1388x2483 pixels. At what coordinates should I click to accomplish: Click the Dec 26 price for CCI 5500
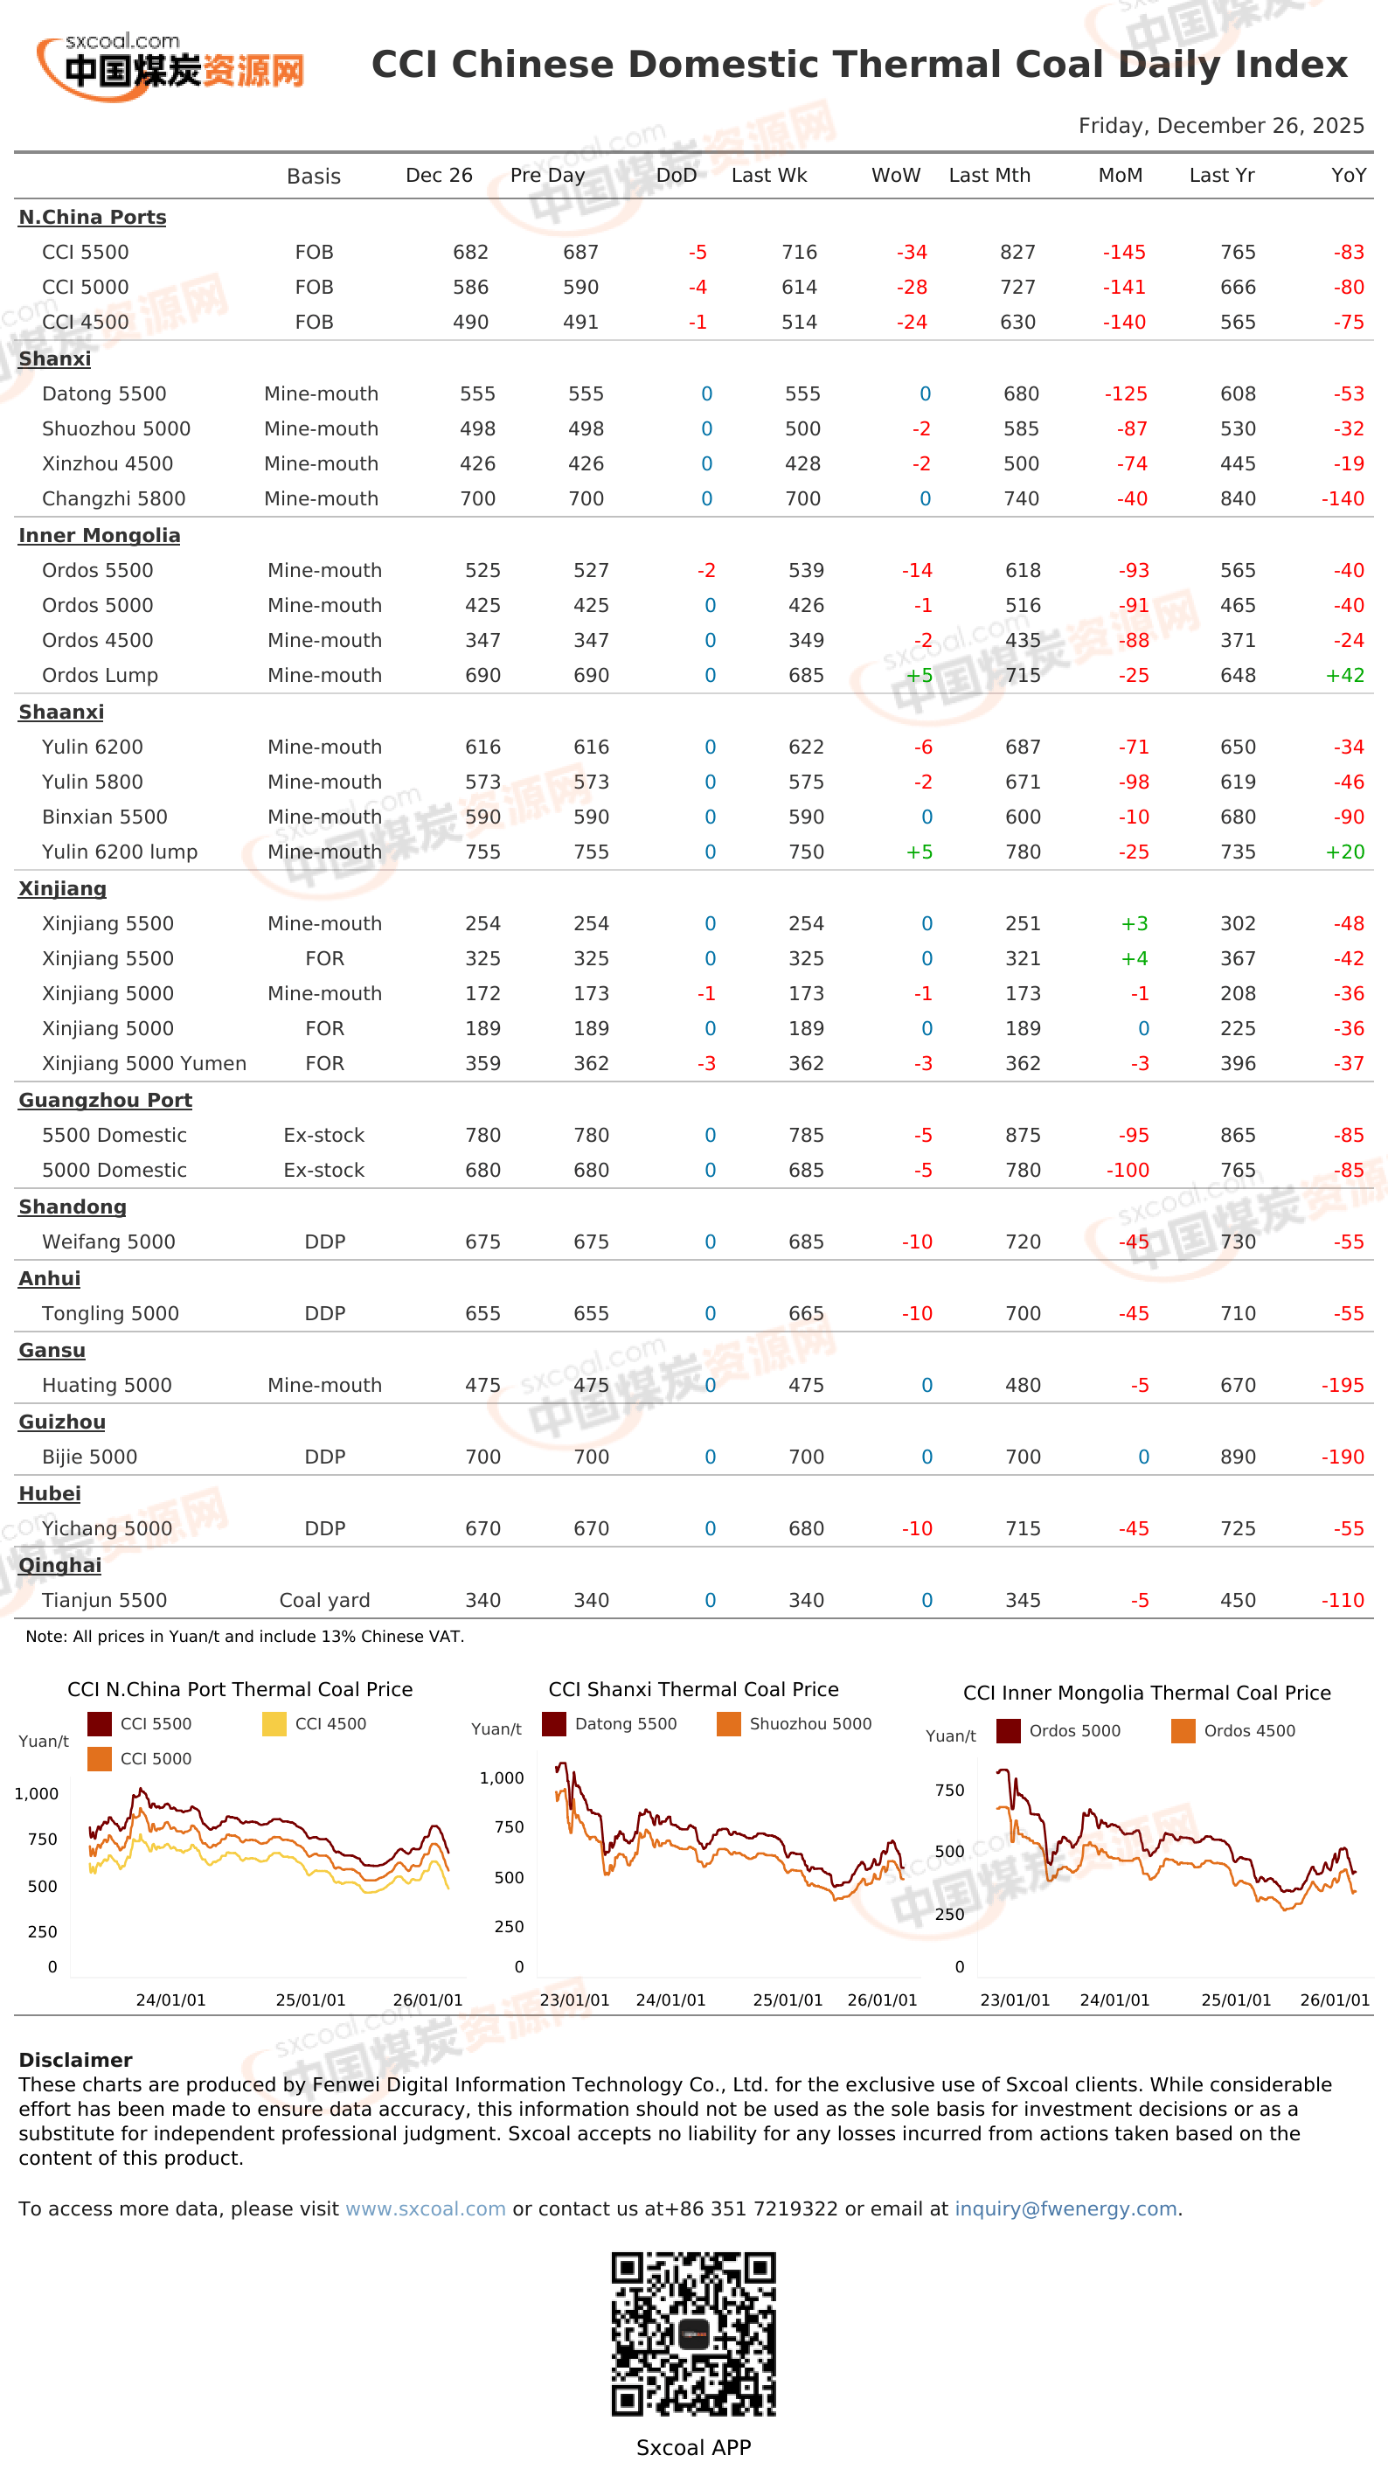[x=470, y=253]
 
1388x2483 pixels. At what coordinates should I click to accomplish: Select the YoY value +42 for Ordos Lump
[x=1344, y=676]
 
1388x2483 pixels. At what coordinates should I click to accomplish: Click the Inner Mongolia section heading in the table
[x=100, y=536]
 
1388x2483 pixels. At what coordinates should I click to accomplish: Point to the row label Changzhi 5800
[x=114, y=499]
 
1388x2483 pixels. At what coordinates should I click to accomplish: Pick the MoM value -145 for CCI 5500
[x=1124, y=253]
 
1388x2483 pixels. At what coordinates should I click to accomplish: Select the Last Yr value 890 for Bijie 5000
[x=1238, y=1457]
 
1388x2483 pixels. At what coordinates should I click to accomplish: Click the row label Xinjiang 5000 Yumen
[x=144, y=1064]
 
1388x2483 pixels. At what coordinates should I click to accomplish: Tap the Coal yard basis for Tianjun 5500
[x=325, y=1601]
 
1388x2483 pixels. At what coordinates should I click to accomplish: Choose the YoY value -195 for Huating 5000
[x=1343, y=1386]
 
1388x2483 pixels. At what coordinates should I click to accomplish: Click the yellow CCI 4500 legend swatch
[x=274, y=1724]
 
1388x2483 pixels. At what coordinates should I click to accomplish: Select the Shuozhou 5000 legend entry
[x=795, y=1724]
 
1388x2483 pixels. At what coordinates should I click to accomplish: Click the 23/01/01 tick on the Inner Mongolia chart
[x=1015, y=2000]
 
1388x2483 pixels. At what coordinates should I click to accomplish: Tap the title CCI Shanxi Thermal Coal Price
[x=693, y=1690]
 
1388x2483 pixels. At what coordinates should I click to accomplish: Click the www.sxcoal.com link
[x=425, y=2209]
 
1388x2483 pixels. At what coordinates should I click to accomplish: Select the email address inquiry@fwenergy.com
[x=1066, y=2209]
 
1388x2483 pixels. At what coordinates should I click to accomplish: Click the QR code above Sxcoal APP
[x=693, y=2333]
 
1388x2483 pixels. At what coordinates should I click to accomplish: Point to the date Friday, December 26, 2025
[x=1221, y=126]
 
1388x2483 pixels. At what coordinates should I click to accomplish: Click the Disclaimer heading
[x=75, y=2061]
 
